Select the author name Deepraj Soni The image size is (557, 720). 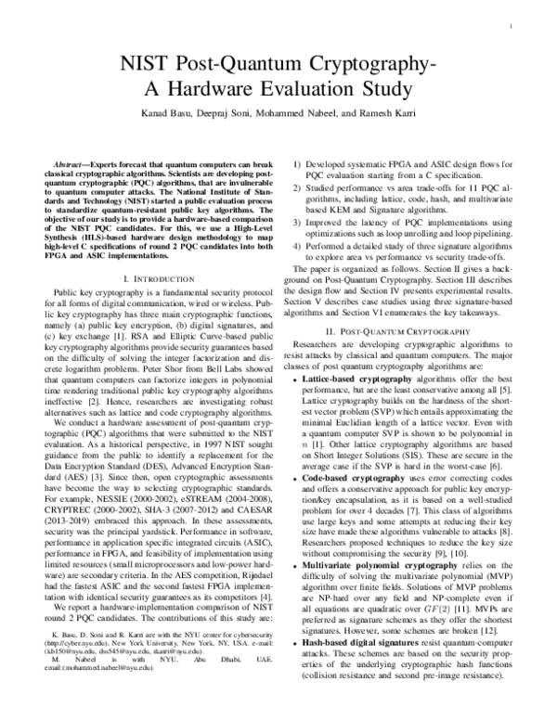pyautogui.click(x=232, y=113)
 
